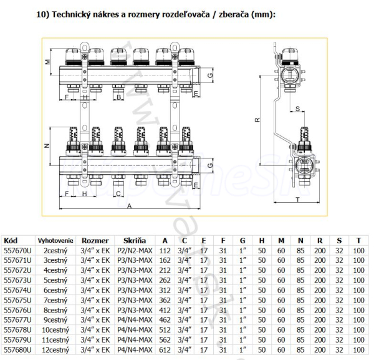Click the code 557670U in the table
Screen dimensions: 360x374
tap(17, 250)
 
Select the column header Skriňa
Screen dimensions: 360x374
tap(135, 240)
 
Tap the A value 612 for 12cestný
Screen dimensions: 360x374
tap(165, 350)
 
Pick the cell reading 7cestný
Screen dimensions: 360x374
tap(56, 300)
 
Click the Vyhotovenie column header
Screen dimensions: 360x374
tap(55, 240)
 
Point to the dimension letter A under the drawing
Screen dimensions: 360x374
tap(128, 205)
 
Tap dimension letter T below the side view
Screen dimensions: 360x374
tap(297, 200)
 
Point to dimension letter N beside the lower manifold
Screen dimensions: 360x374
tap(47, 145)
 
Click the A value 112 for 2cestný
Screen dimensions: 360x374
tap(165, 250)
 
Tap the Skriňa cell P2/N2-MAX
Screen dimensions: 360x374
tap(135, 250)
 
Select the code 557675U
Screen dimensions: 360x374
tap(17, 300)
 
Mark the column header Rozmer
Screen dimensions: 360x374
tap(96, 240)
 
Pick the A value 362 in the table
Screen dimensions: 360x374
tap(165, 300)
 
